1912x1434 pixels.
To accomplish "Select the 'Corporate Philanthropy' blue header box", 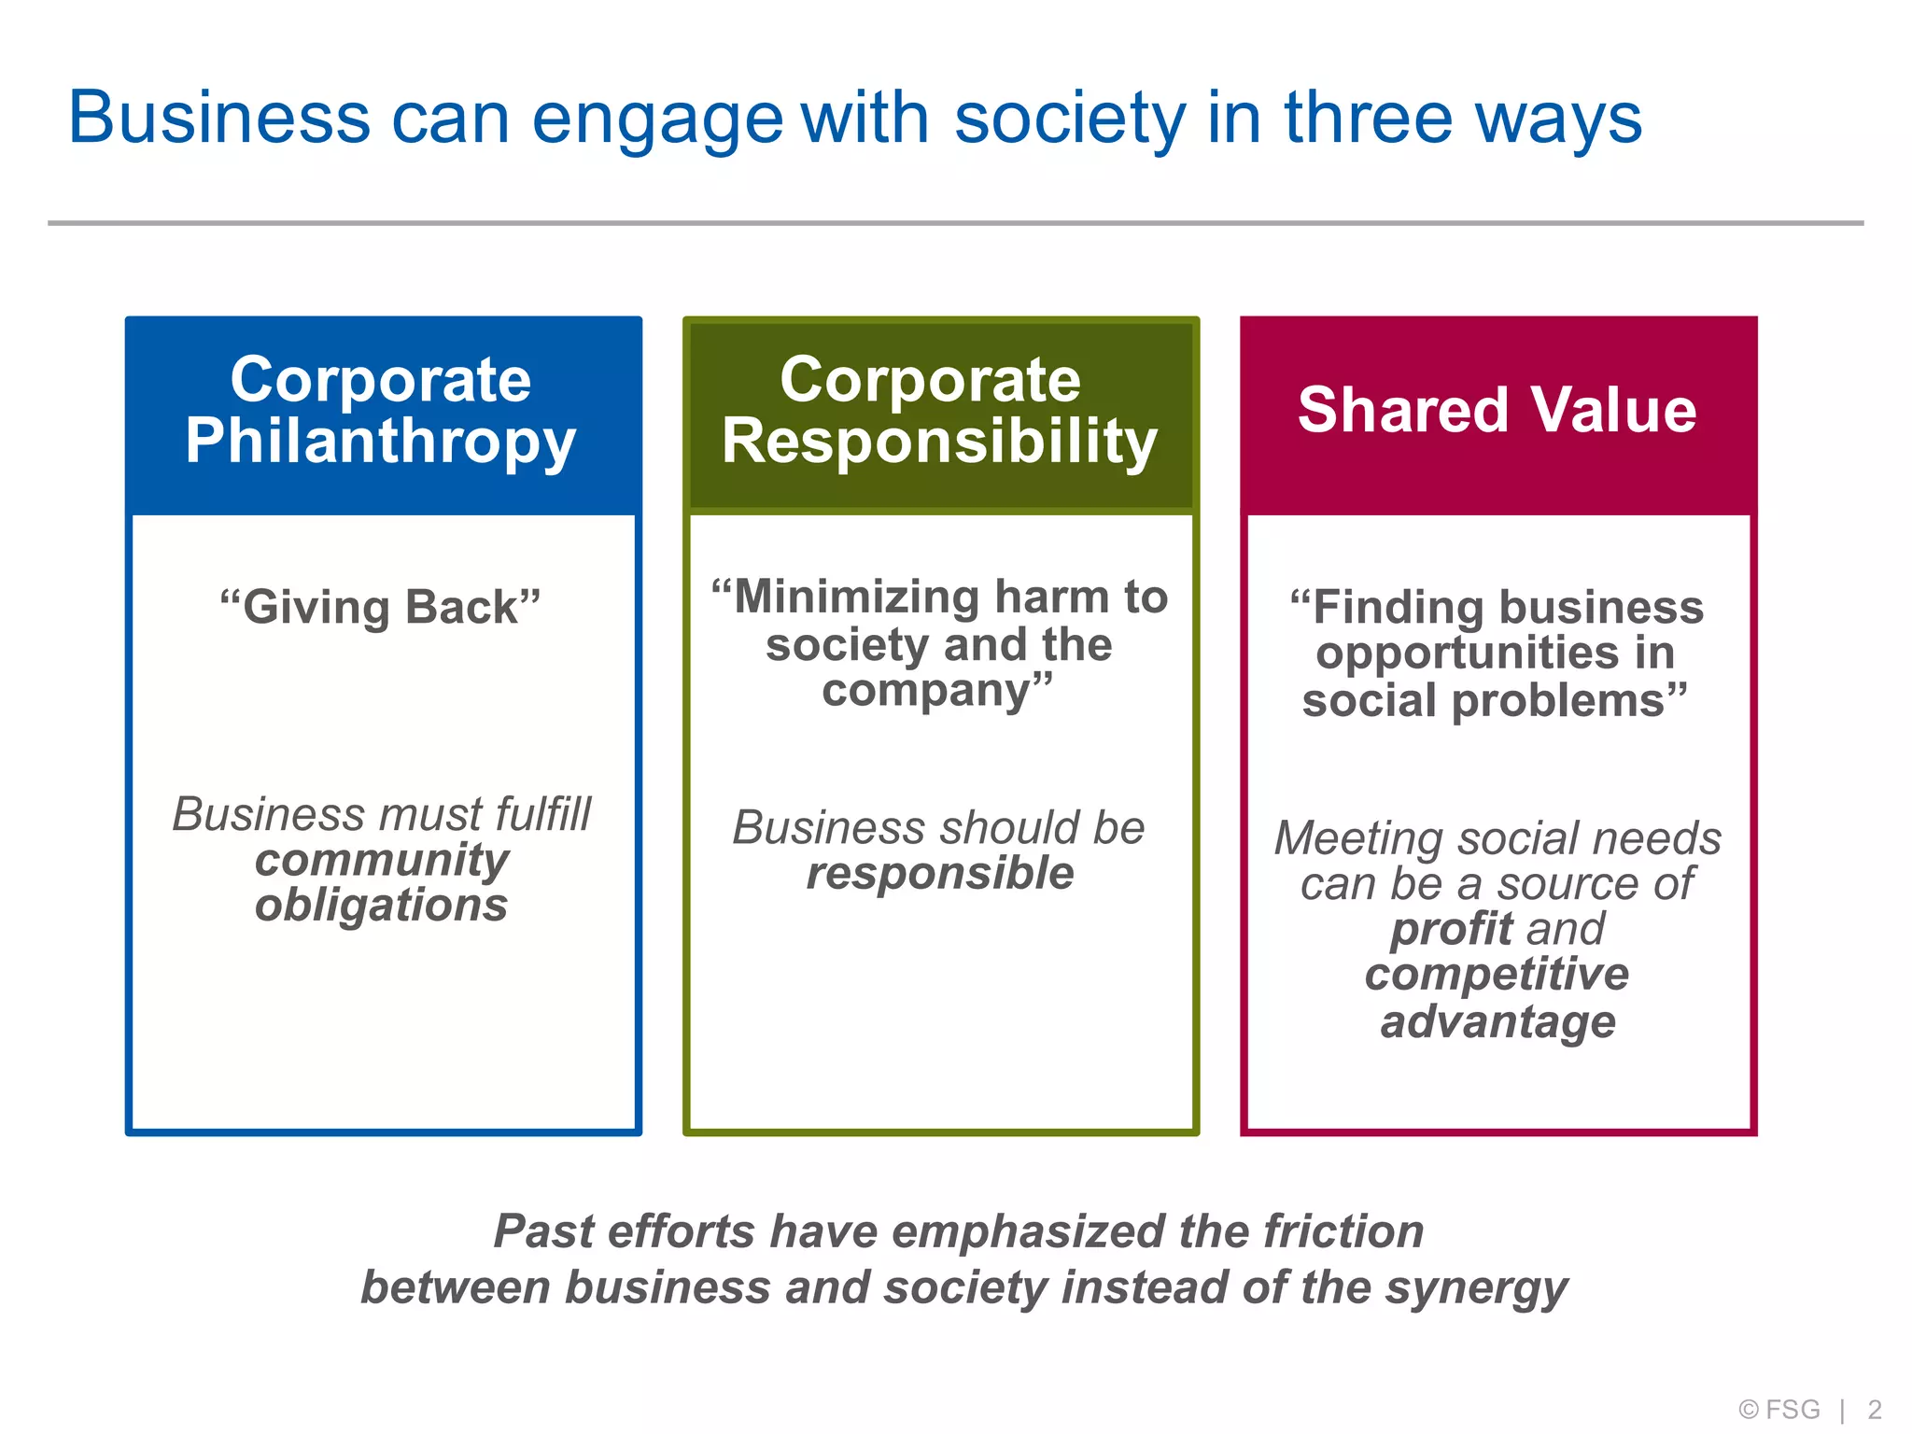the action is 383,415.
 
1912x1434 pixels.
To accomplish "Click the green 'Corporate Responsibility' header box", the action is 940,415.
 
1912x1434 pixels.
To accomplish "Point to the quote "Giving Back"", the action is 381,607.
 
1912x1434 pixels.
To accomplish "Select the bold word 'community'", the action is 382,860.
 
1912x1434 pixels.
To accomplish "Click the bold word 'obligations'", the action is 382,905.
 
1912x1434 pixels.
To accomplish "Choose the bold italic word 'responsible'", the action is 940,874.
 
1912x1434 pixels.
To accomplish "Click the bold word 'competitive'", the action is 1497,974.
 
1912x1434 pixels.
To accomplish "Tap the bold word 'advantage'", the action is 1497,1021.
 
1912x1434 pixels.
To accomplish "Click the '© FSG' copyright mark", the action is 1779,1409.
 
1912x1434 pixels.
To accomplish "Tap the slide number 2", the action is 1874,1409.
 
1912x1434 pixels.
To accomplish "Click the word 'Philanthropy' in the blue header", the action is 381,442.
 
